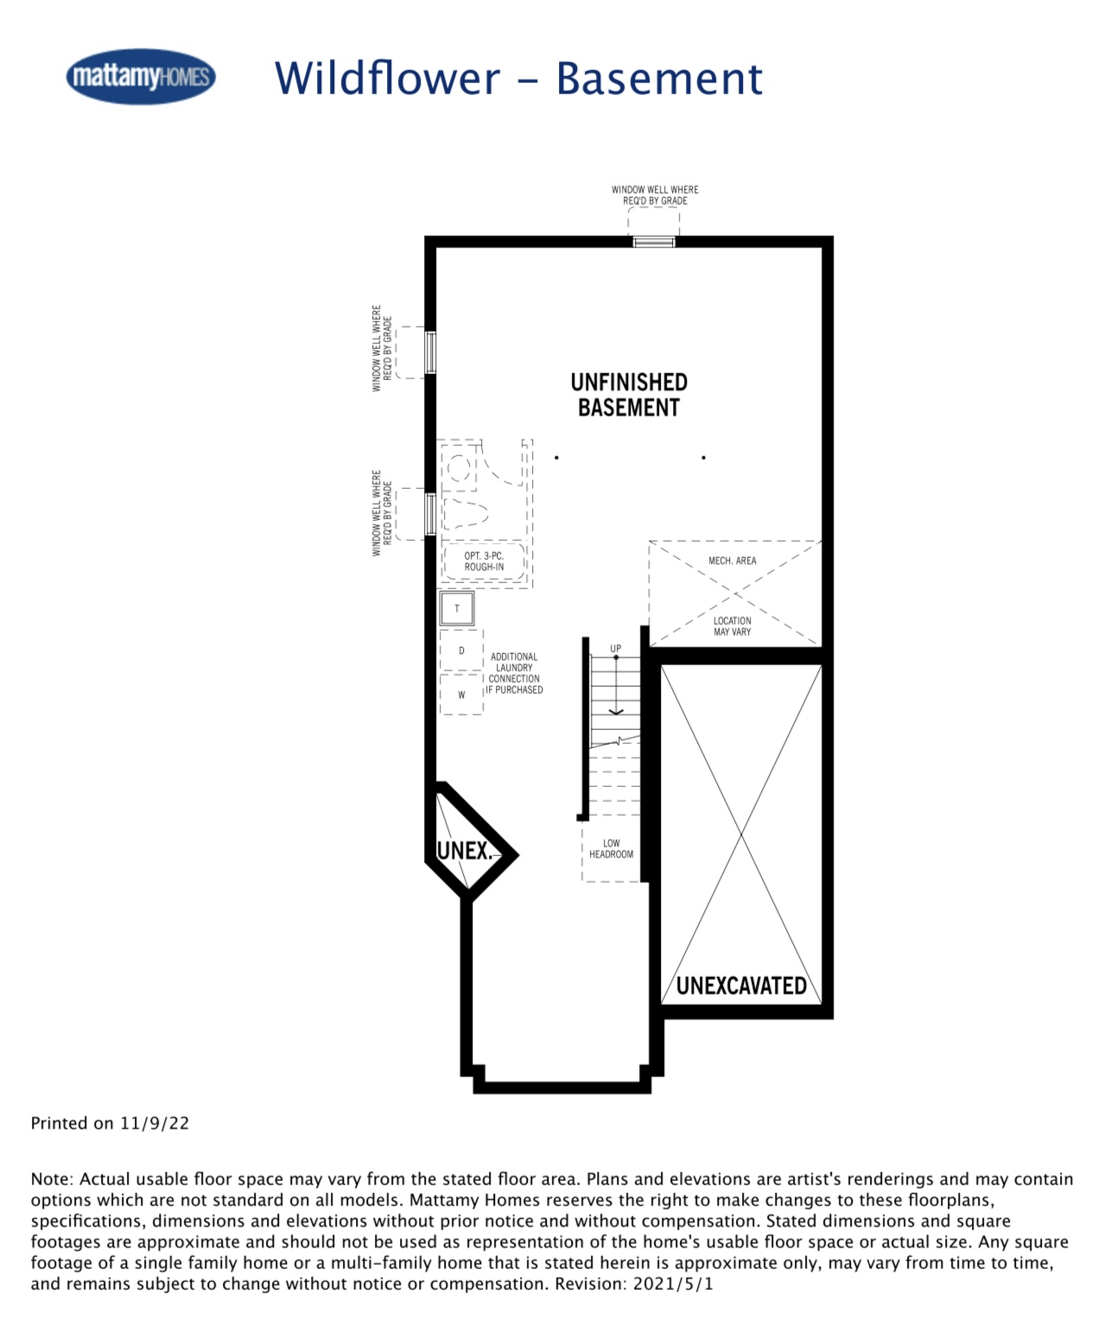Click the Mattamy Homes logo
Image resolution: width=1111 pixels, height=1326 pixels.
click(x=140, y=77)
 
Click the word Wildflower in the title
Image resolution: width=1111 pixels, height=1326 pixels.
click(x=388, y=79)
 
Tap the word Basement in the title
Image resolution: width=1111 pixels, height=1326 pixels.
click(x=658, y=79)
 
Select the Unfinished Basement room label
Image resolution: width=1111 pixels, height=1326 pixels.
click(x=628, y=395)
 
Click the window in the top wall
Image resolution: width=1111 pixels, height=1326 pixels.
click(x=654, y=241)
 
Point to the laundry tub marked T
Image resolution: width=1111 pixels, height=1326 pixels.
click(x=457, y=608)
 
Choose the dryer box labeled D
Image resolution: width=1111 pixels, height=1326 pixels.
click(x=461, y=650)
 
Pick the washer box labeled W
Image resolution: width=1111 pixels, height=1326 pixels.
click(x=461, y=695)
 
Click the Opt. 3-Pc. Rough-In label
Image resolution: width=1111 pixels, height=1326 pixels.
click(x=484, y=561)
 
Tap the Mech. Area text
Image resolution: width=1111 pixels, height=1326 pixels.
click(x=732, y=560)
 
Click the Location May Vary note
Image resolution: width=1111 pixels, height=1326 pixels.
click(x=732, y=626)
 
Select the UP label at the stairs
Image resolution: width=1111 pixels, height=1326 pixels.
click(x=615, y=649)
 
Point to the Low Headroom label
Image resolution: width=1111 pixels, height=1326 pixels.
click(x=611, y=848)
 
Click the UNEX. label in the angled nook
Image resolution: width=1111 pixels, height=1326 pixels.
click(x=464, y=851)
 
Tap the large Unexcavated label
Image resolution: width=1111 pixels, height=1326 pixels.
click(x=740, y=986)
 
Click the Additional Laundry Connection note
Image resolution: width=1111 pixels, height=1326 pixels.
click(x=514, y=673)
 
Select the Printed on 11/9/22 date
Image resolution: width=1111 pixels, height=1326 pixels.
click(x=110, y=1123)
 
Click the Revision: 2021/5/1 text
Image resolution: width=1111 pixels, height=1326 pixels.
click(x=634, y=1284)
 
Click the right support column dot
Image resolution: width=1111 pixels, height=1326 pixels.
click(x=703, y=457)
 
